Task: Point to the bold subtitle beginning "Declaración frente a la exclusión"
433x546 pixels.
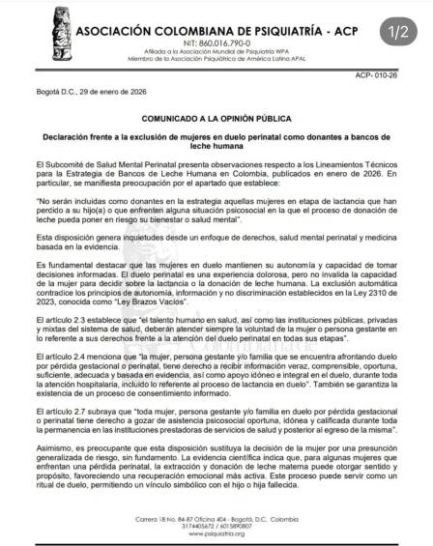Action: pyautogui.click(x=212, y=141)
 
